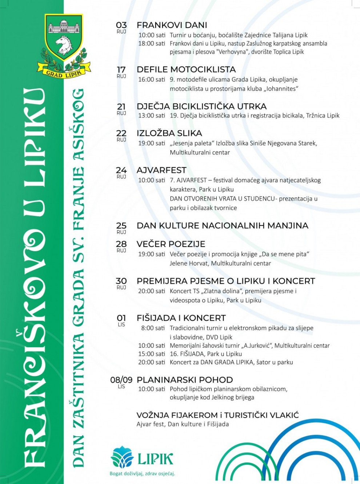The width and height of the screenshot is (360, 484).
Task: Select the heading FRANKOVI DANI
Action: (172, 25)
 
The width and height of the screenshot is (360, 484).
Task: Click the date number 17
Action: (121, 69)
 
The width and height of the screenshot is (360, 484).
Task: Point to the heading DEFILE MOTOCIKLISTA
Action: (186, 69)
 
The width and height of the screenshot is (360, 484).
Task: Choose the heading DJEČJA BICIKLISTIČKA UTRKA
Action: (201, 107)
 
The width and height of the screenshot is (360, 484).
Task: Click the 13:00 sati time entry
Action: (152, 116)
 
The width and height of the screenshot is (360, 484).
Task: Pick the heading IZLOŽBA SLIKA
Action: (169, 133)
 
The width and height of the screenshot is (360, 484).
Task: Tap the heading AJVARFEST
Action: (161, 170)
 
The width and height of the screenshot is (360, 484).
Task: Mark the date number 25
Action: (121, 226)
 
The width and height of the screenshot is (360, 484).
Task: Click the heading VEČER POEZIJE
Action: (171, 244)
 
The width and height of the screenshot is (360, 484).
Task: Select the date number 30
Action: (121, 281)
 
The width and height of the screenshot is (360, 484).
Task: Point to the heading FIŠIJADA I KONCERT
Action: (181, 318)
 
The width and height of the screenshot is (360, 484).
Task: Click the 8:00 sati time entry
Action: (153, 328)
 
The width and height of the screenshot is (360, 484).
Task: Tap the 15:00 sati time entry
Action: (152, 354)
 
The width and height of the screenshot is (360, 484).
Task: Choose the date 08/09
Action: (121, 380)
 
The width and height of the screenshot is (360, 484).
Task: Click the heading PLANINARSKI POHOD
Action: (185, 380)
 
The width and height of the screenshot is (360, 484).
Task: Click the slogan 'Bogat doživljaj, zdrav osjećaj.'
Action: (143, 473)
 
